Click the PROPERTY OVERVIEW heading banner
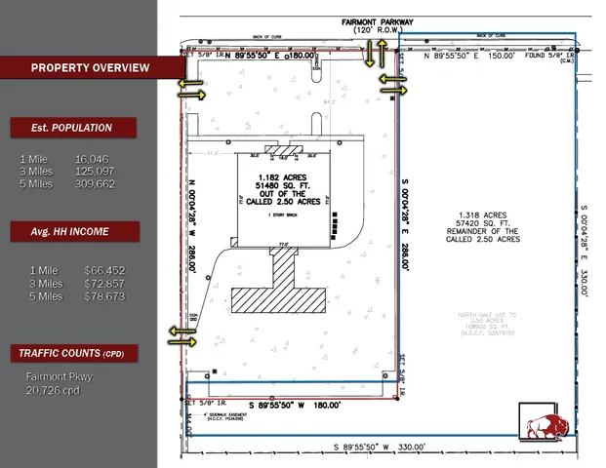90,67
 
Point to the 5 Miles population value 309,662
95,183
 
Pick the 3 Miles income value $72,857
104,283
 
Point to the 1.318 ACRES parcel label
483,214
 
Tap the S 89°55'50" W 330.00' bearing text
380,447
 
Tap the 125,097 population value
95,171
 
